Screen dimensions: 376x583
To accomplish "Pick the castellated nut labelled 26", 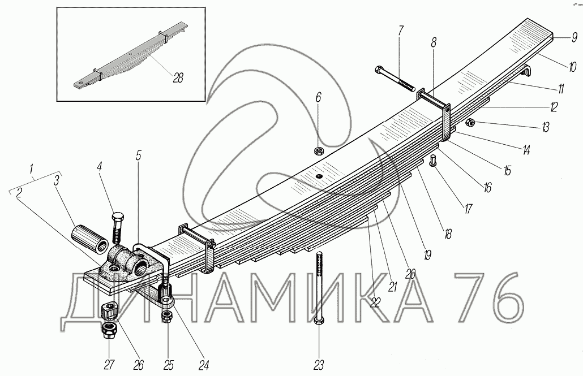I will click(109, 310).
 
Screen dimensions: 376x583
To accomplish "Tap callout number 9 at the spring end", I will click(573, 38).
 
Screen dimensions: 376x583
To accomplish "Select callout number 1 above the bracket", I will click(32, 168).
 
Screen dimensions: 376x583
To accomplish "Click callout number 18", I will click(448, 234).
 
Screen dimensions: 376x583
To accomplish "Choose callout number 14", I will click(526, 150).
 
